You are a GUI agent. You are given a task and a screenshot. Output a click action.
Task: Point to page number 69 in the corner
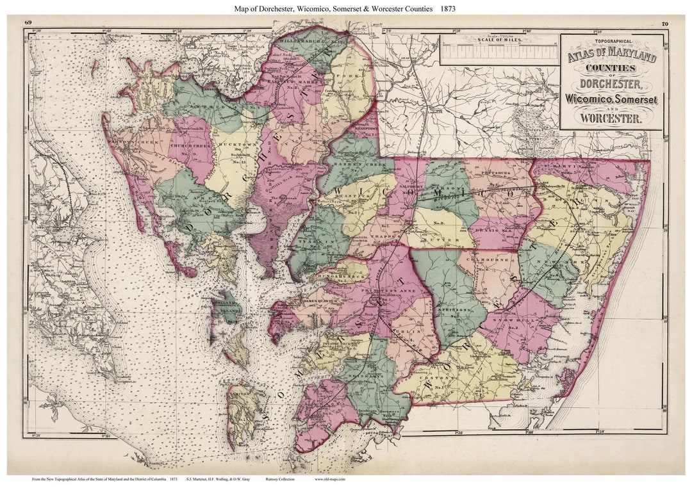coord(28,22)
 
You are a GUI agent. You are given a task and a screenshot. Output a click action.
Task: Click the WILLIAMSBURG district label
coord(304,40)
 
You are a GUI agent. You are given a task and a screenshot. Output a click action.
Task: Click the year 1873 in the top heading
coord(447,8)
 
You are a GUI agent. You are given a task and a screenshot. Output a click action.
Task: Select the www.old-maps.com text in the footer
coord(330,479)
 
